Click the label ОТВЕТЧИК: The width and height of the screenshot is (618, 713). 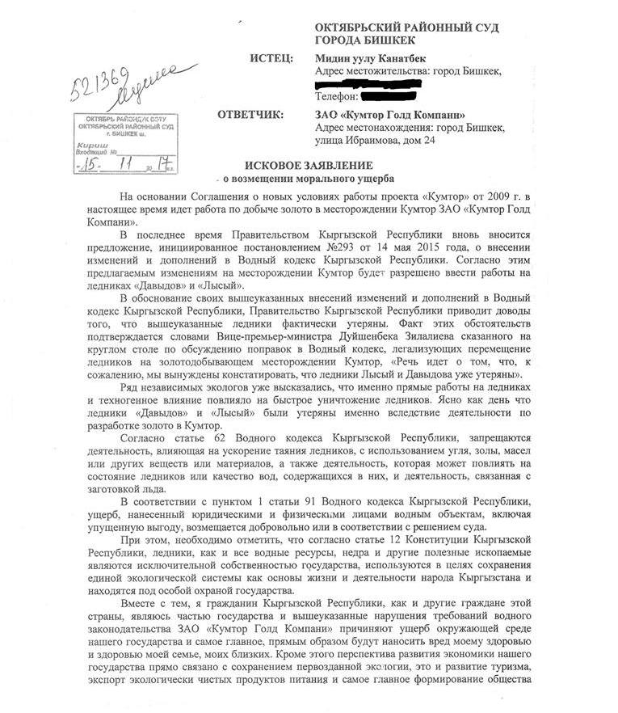point(250,115)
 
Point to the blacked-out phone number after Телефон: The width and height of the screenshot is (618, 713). point(411,97)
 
